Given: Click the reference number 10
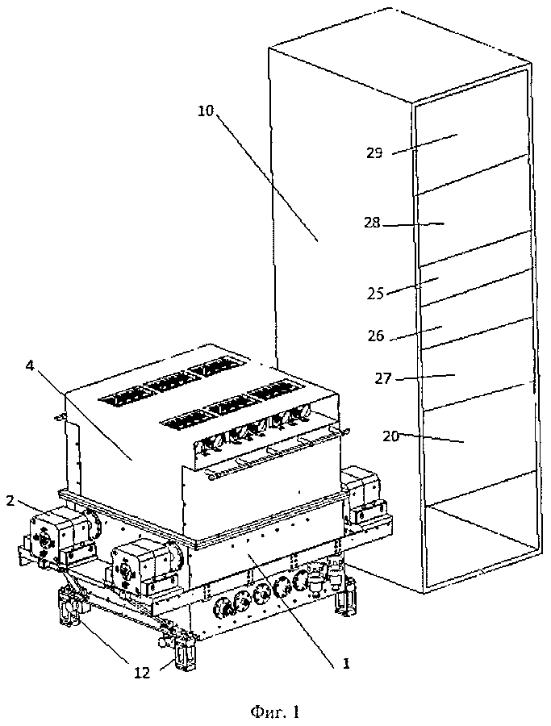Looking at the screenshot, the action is click(x=206, y=111).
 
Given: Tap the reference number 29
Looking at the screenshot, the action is click(x=374, y=153).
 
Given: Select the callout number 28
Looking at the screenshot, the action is click(x=372, y=223).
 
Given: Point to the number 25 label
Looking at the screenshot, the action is click(x=375, y=294).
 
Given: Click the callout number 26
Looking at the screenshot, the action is click(x=375, y=336).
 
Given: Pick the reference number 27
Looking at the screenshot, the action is click(x=383, y=379).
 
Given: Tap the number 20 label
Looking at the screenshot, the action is click(x=391, y=436).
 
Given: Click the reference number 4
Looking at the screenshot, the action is click(x=30, y=365).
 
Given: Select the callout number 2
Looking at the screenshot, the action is click(x=10, y=500).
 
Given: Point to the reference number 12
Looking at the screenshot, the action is click(x=142, y=673).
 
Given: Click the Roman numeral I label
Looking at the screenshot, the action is click(x=345, y=665).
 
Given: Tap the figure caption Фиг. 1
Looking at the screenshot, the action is click(x=275, y=711).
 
